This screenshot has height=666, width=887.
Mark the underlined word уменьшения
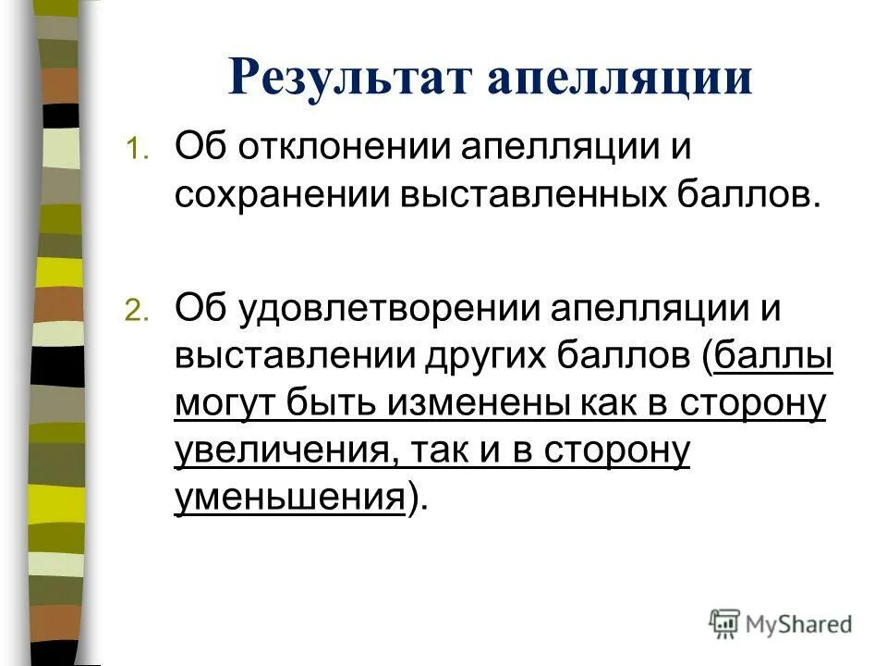coord(289,499)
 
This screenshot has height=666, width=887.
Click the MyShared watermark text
coord(799,623)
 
